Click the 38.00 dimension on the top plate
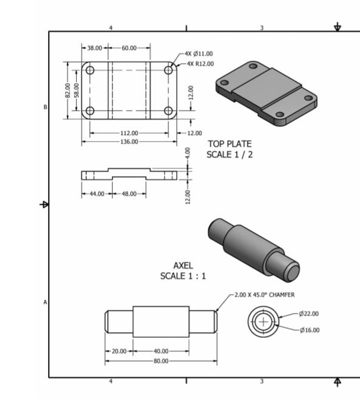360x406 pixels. [x=94, y=47]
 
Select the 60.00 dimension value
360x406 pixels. [x=130, y=47]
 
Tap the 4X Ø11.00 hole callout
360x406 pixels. [x=200, y=54]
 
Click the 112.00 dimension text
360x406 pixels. [x=129, y=132]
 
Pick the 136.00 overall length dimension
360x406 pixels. [x=129, y=141]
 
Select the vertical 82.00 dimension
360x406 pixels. [x=67, y=91]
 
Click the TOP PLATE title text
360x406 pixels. [x=229, y=144]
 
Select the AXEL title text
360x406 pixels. [x=183, y=266]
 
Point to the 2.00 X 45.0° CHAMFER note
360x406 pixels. [x=265, y=295]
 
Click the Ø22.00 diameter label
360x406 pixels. [x=309, y=314]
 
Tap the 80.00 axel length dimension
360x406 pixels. [x=161, y=360]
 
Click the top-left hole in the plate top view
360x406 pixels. [x=90, y=70]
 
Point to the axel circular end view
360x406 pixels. [x=263, y=322]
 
